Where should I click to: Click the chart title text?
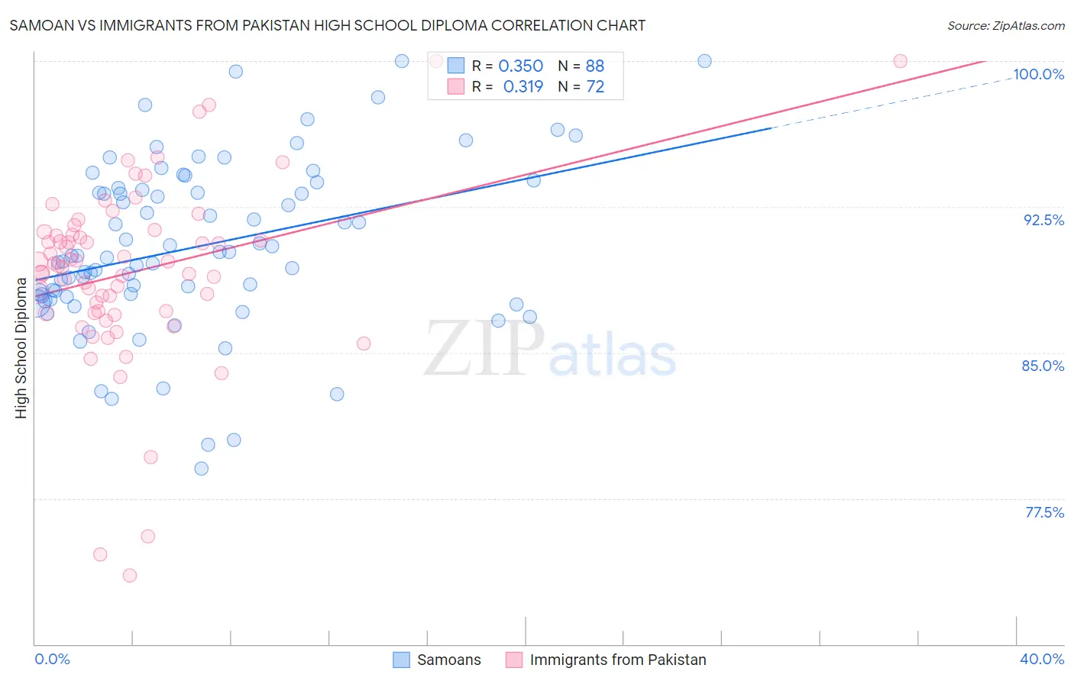[x=327, y=25]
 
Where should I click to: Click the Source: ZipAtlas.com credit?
[x=1005, y=25]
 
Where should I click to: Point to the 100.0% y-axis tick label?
[x=1038, y=74]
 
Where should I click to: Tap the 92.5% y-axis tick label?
[x=1043, y=220]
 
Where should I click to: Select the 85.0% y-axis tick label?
[x=1043, y=366]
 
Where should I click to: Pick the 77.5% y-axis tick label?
[x=1044, y=512]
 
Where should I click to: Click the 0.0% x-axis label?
[x=52, y=659]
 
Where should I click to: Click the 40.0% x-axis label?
[x=1042, y=659]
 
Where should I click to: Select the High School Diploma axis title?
[x=21, y=347]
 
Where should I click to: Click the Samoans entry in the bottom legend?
[x=448, y=660]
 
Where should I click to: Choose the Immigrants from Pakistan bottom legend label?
[x=617, y=660]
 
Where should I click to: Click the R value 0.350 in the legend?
[x=520, y=66]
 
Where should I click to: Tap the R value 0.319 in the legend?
[x=522, y=87]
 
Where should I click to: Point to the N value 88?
[x=595, y=66]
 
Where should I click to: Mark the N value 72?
[x=595, y=87]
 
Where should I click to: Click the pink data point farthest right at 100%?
[x=900, y=61]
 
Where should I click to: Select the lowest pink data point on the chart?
[x=130, y=576]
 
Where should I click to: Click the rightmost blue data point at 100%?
[x=704, y=61]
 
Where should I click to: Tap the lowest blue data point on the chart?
[x=202, y=469]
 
